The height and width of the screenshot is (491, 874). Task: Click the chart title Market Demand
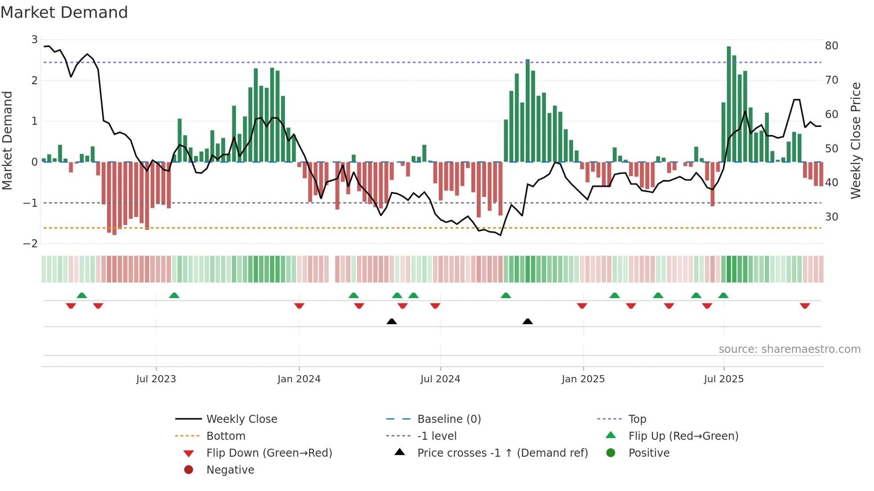pos(64,12)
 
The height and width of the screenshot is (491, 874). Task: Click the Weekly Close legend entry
pos(241,419)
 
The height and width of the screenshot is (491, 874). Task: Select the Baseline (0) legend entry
pos(449,419)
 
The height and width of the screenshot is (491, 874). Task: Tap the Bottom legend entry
pos(226,436)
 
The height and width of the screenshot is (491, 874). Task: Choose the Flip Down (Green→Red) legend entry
pos(269,453)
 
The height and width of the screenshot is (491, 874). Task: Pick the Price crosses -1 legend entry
pos(502,453)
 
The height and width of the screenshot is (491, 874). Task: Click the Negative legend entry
pos(230,470)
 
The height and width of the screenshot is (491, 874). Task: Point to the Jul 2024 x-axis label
pos(440,379)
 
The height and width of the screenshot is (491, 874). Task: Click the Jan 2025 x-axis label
pos(583,379)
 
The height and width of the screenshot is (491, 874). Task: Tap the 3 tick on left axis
pos(34,40)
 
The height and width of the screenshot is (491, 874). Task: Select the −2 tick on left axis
pos(31,243)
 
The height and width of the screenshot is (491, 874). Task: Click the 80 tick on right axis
pos(831,45)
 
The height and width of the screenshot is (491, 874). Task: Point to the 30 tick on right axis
pos(831,217)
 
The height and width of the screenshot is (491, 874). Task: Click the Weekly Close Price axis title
pos(855,140)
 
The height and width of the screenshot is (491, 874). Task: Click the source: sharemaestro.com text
pos(789,349)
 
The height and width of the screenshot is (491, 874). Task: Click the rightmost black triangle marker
pos(528,321)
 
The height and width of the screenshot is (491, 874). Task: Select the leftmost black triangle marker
pos(392,321)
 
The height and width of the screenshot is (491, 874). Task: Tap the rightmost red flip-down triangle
pos(805,306)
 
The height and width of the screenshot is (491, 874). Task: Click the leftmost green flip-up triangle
pos(82,295)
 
